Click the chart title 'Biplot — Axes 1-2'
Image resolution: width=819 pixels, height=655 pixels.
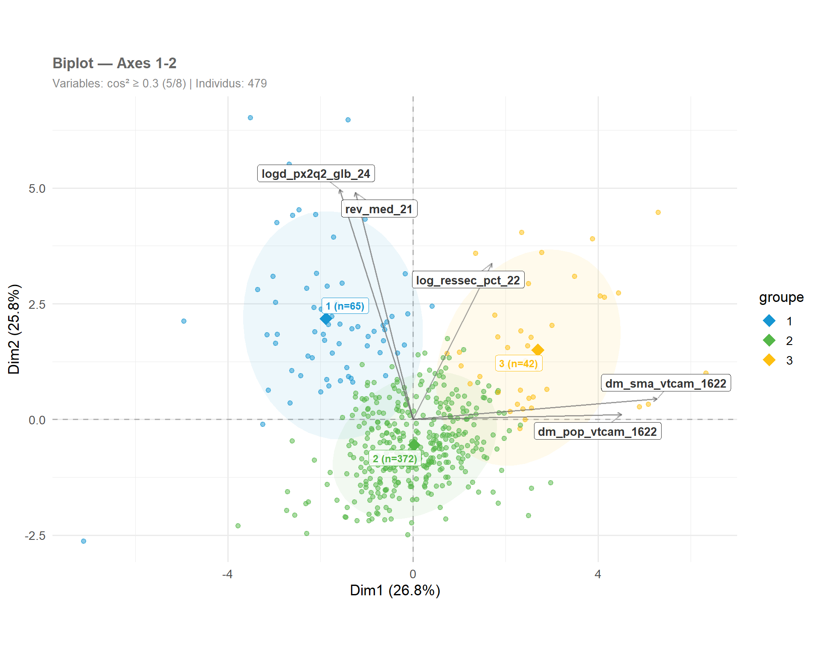click(114, 63)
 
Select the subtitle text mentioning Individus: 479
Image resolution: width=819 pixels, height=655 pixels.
click(231, 83)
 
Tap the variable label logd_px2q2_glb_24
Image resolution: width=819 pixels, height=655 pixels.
click(316, 174)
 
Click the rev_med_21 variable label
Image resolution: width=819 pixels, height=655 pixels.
click(379, 209)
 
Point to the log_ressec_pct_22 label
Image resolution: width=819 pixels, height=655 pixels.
click(468, 280)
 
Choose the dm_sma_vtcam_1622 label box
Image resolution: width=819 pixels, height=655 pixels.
click(665, 383)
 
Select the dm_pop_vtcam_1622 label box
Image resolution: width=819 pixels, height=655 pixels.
click(597, 432)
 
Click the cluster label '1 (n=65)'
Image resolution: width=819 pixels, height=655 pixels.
click(345, 306)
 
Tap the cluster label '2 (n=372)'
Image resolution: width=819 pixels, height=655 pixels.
click(395, 459)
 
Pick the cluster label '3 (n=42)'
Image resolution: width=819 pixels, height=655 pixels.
click(518, 364)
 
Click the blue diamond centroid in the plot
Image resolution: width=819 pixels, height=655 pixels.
click(326, 319)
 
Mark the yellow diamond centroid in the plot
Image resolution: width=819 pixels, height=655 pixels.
click(537, 350)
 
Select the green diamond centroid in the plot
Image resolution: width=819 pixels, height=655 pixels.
click(414, 445)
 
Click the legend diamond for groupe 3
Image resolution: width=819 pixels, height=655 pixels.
click(769, 360)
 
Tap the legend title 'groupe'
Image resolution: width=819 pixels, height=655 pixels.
click(781, 297)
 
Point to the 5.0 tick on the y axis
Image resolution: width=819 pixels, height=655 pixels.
click(37, 188)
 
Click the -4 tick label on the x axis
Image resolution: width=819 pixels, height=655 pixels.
click(227, 574)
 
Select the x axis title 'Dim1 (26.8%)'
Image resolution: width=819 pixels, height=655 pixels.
click(395, 590)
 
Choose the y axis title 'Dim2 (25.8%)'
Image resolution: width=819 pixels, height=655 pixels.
click(14, 329)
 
